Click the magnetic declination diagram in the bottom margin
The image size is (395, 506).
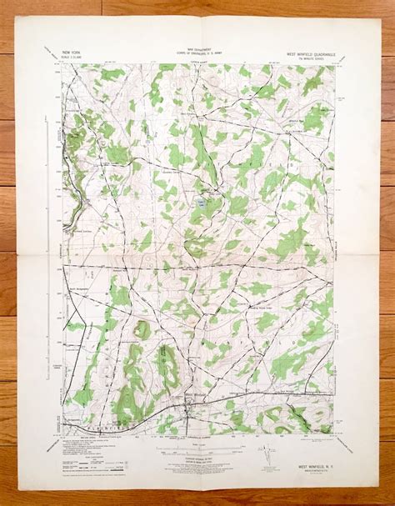(268, 455)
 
